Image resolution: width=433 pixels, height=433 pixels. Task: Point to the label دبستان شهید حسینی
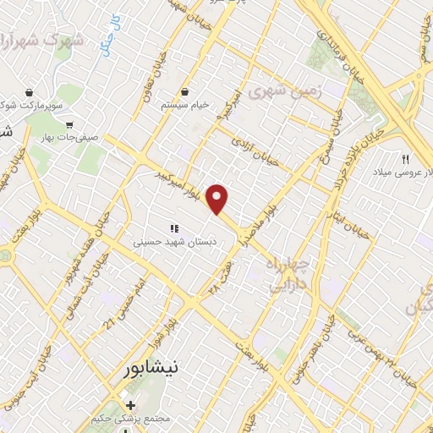pos(177,241)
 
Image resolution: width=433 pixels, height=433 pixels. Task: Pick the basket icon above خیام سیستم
pos(185,91)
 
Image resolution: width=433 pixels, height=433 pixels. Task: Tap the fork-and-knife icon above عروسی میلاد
pos(405,158)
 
